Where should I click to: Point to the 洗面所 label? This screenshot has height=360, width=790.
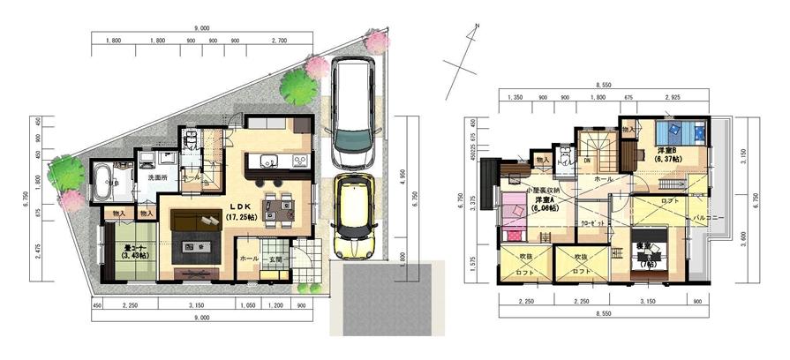tap(159, 177)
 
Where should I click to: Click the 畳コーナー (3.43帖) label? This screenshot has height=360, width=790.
tap(128, 251)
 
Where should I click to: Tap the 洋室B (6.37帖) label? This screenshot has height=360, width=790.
tap(667, 154)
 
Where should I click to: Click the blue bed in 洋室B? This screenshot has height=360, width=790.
tap(681, 132)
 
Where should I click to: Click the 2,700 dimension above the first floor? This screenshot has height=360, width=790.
tap(279, 40)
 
